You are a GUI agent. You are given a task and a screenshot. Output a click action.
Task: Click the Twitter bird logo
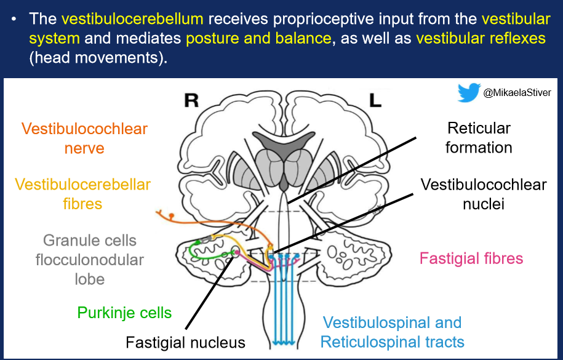469,92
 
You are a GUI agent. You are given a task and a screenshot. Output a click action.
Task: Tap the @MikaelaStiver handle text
517,93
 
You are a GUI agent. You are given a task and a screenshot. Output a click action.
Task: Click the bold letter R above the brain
191,100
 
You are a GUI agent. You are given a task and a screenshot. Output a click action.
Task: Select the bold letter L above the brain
375,100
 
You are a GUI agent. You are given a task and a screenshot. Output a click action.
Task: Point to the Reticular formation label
479,138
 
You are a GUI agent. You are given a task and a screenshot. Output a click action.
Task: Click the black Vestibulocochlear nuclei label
484,194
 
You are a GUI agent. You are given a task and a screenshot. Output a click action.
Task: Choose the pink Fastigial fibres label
471,258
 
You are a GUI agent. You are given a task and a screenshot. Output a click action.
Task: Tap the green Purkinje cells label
124,313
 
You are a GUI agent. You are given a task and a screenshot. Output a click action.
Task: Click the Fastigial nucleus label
185,342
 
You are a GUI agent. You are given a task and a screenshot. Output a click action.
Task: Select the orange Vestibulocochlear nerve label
84,138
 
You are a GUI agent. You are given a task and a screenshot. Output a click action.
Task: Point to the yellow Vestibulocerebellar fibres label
82,194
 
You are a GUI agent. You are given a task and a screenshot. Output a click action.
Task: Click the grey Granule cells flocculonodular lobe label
89,260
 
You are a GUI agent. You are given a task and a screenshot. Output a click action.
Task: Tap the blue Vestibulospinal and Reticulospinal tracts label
392,332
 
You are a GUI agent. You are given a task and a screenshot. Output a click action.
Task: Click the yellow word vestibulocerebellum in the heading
132,18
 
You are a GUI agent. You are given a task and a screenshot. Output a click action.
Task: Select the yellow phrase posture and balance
258,38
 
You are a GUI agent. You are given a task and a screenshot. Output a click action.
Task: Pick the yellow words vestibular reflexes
481,38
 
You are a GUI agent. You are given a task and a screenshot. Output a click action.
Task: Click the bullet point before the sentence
14,19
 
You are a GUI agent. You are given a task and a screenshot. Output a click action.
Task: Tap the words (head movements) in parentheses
98,57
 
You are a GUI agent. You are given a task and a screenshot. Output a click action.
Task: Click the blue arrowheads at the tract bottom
284,342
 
